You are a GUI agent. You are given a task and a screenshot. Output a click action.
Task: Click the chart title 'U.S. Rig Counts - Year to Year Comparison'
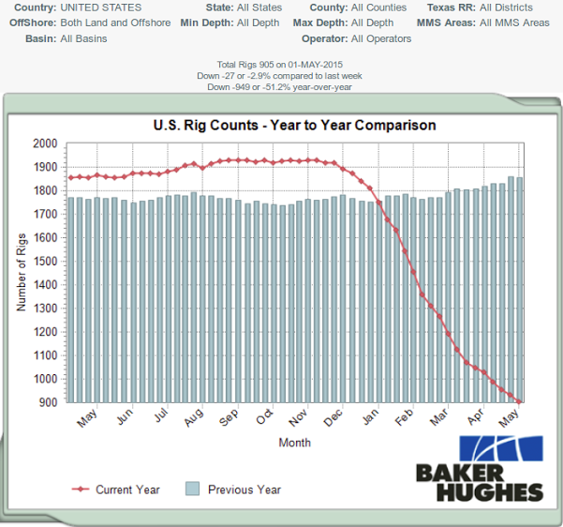[294, 125]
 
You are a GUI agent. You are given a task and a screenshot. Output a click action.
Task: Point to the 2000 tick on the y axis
[45, 143]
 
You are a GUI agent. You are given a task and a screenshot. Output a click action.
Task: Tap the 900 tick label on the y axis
[48, 402]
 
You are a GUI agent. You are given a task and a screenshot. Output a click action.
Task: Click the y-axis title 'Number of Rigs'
[22, 273]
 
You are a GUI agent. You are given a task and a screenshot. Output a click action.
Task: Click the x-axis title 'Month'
[294, 443]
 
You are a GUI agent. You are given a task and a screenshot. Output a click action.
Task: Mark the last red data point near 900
[519, 401]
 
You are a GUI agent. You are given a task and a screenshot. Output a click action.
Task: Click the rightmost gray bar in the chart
[519, 290]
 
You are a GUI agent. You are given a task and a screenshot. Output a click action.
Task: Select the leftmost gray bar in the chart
[71, 299]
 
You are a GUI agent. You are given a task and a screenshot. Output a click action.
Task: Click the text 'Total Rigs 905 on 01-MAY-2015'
[282, 63]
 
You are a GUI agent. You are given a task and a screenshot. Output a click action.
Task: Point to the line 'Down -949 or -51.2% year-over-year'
[282, 87]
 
